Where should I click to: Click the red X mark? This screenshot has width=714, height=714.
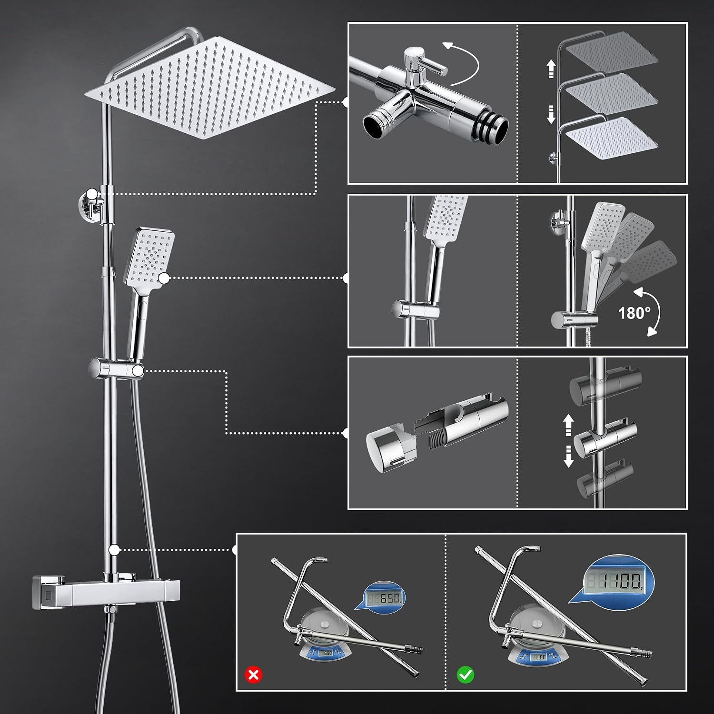253,674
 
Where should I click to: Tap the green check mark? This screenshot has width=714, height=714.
465,674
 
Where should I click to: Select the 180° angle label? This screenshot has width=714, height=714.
634,313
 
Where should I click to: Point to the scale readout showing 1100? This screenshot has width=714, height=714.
614,581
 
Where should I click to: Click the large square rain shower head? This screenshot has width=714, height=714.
209,88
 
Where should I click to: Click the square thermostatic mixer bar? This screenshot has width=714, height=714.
106,592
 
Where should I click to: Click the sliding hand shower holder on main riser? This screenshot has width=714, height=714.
116,369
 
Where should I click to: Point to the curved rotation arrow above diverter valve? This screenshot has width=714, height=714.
463,62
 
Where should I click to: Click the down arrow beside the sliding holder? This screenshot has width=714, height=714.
568,456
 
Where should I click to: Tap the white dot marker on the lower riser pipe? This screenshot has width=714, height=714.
114,550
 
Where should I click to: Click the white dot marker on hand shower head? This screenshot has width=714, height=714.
164,278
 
